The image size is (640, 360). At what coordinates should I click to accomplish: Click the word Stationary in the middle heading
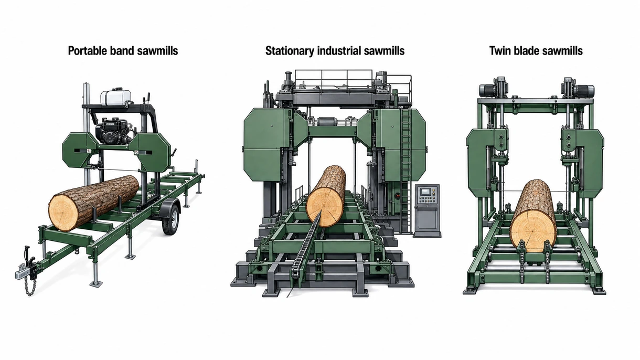(x=290, y=51)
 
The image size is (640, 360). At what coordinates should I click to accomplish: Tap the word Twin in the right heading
(x=499, y=51)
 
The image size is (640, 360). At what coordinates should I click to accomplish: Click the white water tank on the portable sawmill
(x=116, y=98)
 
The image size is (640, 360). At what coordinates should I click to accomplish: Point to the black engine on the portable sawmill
(x=112, y=131)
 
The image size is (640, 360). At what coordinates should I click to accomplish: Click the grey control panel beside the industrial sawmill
(x=427, y=210)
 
